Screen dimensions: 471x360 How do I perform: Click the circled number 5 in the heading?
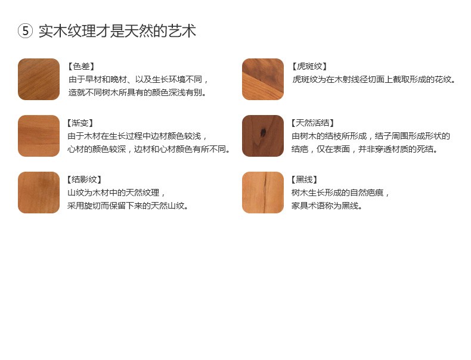tap(25, 31)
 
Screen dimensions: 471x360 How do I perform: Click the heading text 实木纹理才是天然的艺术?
tap(117, 31)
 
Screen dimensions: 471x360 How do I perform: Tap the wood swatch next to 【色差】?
tap(39, 79)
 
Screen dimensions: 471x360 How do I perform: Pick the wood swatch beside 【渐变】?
tap(39, 136)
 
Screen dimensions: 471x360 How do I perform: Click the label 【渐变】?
tap(80, 123)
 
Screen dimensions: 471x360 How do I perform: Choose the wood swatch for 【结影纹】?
tap(39, 193)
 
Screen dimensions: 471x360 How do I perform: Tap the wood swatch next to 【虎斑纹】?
tap(263, 79)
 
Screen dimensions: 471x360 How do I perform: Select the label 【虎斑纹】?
tap(309, 66)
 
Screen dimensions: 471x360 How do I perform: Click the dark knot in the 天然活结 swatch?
tap(264, 132)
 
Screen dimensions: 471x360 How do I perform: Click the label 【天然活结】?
tap(312, 123)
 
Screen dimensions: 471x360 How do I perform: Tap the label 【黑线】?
tap(304, 179)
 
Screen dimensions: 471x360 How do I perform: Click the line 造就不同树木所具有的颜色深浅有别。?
tap(138, 92)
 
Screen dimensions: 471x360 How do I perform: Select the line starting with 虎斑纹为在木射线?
tap(374, 79)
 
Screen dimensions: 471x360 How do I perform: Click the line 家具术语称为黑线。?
tap(327, 206)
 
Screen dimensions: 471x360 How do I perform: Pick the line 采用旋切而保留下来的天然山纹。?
tap(128, 206)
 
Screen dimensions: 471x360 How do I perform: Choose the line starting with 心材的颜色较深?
tap(148, 149)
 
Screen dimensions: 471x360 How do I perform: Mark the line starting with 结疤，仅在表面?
tap(365, 149)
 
